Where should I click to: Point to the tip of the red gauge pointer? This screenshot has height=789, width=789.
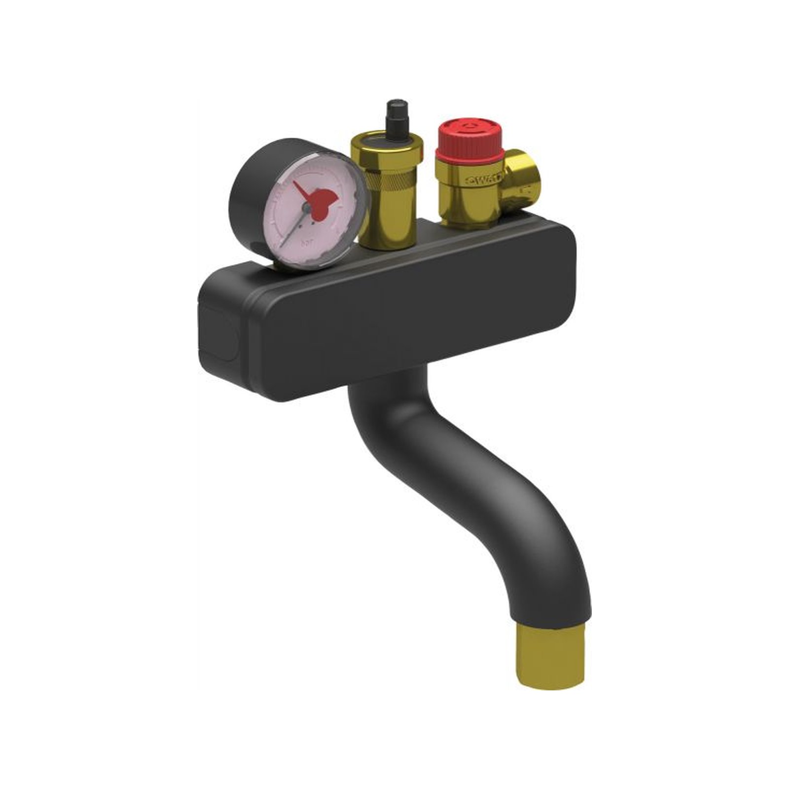[x=294, y=183]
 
